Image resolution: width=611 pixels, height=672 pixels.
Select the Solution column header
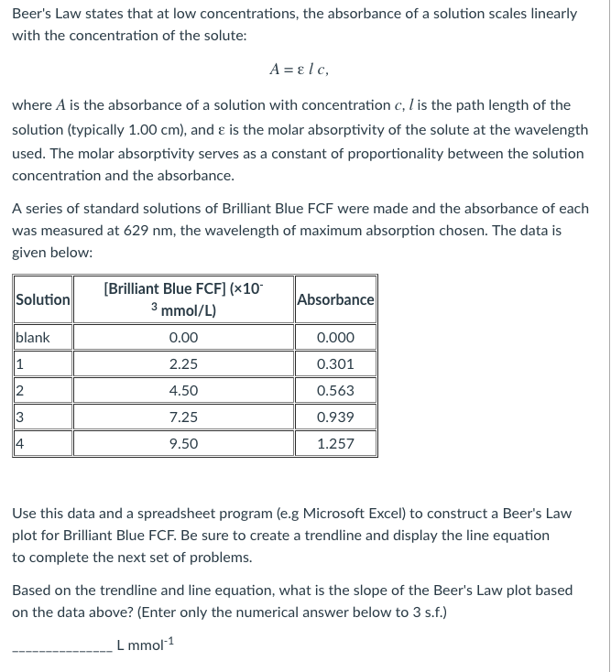coord(43,299)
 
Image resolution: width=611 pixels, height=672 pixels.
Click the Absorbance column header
coord(335,299)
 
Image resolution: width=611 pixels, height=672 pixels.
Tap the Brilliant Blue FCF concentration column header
coord(183,299)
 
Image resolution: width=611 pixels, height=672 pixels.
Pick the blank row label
coord(32,338)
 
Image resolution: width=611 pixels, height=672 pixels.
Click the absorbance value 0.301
coord(334,364)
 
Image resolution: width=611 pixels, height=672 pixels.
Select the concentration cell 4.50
coord(183,391)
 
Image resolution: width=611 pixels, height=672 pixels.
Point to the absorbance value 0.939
coord(334,417)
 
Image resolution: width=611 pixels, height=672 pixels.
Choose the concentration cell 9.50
coord(183,444)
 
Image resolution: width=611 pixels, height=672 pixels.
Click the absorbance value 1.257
coord(334,444)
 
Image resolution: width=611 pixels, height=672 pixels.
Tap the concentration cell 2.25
coord(183,364)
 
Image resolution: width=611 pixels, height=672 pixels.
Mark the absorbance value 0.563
coord(334,391)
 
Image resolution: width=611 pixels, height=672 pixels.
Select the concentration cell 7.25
coord(183,417)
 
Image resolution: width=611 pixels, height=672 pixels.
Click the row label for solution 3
coord(21,417)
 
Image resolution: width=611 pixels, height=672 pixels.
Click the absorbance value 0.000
coord(334,338)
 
